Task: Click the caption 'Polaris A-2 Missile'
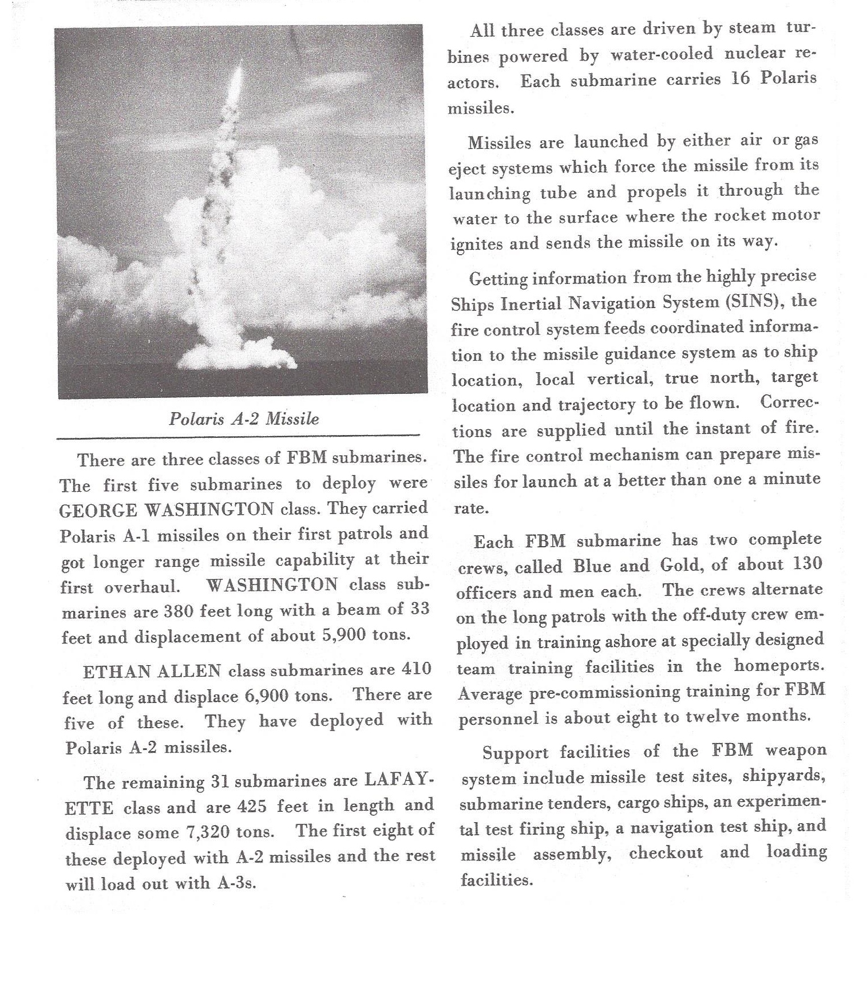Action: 244,418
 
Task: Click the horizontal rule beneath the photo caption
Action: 238,437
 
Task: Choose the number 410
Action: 416,669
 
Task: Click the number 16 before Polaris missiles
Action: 740,78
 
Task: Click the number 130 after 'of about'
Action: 807,563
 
